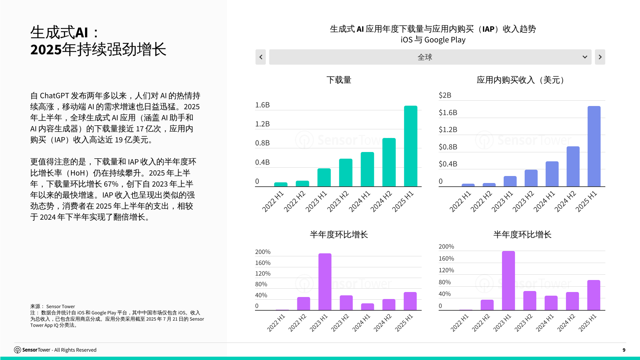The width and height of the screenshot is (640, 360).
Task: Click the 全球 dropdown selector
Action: [x=430, y=57]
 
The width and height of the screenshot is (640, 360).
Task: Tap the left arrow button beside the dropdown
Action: [x=261, y=57]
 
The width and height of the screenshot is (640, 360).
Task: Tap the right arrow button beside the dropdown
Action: [x=600, y=57]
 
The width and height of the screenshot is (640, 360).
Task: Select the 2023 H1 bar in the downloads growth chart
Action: [x=325, y=282]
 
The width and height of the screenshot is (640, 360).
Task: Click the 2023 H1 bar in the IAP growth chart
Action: [x=508, y=281]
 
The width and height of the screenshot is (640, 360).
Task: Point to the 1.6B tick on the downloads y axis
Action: [x=262, y=105]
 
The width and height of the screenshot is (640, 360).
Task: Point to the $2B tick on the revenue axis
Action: [x=445, y=95]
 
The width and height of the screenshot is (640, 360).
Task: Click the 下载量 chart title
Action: [x=339, y=80]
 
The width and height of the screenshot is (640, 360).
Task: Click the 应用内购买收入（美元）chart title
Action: [x=522, y=80]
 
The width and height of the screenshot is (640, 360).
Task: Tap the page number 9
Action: [x=624, y=350]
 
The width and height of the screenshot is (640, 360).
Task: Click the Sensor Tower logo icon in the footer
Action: [x=17, y=350]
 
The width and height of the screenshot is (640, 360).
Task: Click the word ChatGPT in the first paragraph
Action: [x=55, y=96]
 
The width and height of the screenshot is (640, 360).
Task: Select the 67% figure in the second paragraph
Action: [x=111, y=184]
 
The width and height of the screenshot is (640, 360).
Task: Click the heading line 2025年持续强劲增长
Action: [x=98, y=49]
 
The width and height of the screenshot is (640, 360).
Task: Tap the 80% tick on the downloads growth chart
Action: [x=261, y=284]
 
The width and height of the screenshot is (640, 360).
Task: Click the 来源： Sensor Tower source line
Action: [x=53, y=306]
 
